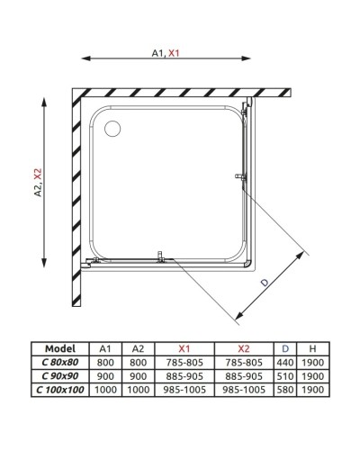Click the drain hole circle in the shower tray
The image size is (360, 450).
pyautogui.click(x=112, y=129)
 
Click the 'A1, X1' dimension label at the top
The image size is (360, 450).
pyautogui.click(x=166, y=53)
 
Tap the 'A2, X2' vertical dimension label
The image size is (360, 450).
pyautogui.click(x=37, y=184)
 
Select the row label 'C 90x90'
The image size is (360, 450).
pyautogui.click(x=61, y=376)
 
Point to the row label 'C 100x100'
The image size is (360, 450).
pyautogui.click(x=61, y=390)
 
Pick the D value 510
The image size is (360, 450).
pyautogui.click(x=285, y=376)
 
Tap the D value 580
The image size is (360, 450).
pyautogui.click(x=285, y=390)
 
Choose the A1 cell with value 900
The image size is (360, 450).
pyautogui.click(x=104, y=376)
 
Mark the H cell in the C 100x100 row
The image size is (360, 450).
pyautogui.click(x=311, y=390)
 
